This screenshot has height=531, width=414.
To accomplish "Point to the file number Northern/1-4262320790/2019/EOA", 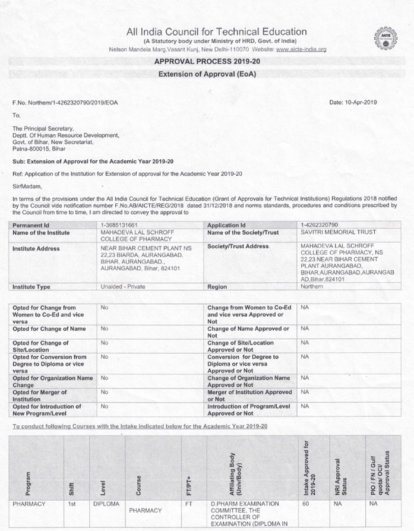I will coord(65,102).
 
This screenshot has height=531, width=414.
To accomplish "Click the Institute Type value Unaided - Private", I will coord(127,286).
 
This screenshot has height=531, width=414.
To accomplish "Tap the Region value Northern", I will coord(312,286).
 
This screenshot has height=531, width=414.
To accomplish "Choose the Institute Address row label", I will coord(36,248).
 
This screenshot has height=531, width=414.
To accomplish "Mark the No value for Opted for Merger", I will coord(104,391).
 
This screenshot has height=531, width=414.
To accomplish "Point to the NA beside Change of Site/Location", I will coord(305,343).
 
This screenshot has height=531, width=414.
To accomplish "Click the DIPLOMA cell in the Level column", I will coord(106,504).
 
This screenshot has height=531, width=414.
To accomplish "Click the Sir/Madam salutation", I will coord(25,185).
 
